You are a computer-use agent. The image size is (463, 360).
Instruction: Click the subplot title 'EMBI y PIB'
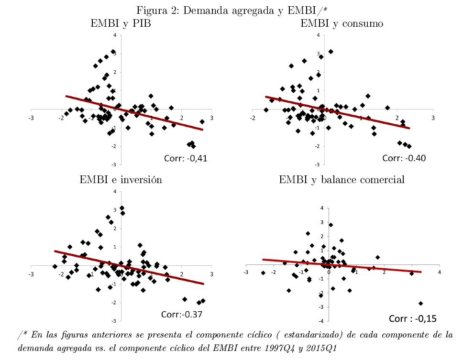(121, 23)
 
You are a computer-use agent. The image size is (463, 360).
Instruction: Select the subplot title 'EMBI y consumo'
(342, 23)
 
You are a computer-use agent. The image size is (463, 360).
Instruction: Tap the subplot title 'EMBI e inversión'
(121, 180)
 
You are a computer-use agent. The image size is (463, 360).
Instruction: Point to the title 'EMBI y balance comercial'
(342, 180)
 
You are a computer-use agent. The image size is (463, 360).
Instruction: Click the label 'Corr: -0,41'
(183, 158)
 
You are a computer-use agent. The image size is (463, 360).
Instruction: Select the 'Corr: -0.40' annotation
(404, 158)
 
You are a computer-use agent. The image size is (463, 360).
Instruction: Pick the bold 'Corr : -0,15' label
(413, 318)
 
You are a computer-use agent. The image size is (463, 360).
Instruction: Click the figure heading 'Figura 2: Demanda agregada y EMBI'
(231, 10)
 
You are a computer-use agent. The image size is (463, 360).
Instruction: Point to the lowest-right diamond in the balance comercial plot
(421, 303)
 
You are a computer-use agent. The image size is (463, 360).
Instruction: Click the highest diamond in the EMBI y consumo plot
(331, 52)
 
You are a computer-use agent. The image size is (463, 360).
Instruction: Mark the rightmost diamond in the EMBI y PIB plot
(202, 121)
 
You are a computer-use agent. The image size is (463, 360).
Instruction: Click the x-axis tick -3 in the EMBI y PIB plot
(32, 117)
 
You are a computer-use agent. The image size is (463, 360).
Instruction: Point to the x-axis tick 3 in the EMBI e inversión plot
(211, 273)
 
